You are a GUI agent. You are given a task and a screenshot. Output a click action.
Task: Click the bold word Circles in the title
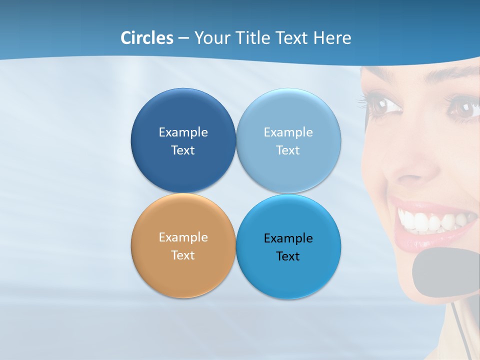pos(147,38)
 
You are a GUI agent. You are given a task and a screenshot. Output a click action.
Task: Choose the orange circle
pos(183,270)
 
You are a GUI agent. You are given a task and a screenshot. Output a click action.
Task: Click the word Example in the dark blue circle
pos(183,132)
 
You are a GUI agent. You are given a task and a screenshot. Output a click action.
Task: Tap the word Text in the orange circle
pos(183,255)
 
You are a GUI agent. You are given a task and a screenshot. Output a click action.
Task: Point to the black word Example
pos(288,238)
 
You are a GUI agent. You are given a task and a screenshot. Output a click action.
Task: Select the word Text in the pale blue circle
pos(288,150)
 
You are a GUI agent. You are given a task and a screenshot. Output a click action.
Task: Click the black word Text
pos(288,256)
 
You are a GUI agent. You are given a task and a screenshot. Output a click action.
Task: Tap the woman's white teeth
pos(430,220)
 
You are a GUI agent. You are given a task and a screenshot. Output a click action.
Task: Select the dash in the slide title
pos(183,38)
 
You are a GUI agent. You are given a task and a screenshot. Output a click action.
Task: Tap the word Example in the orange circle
pos(183,237)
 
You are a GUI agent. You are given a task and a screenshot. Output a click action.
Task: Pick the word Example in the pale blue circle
pos(288,132)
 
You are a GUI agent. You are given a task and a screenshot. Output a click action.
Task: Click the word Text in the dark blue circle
pos(183,150)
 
